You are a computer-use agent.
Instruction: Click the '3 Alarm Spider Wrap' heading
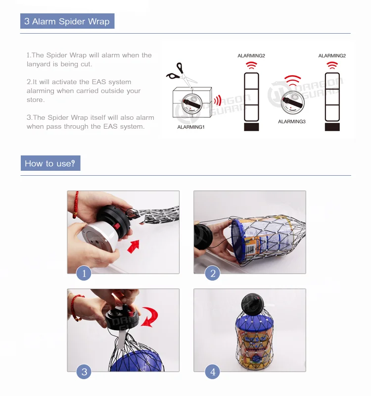67,21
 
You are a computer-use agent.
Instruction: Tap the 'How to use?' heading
50,163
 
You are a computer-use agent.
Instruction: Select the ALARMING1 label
191,127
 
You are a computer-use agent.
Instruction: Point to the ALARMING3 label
292,121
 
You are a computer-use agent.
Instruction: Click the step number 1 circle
84,273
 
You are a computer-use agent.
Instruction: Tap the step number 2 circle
213,273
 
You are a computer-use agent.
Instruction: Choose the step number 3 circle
84,372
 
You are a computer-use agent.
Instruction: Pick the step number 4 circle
213,372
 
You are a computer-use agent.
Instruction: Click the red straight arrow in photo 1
134,247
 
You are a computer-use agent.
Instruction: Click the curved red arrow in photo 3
150,317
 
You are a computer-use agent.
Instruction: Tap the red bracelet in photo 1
76,204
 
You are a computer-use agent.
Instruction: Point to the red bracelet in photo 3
76,307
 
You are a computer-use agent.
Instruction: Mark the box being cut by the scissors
192,102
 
